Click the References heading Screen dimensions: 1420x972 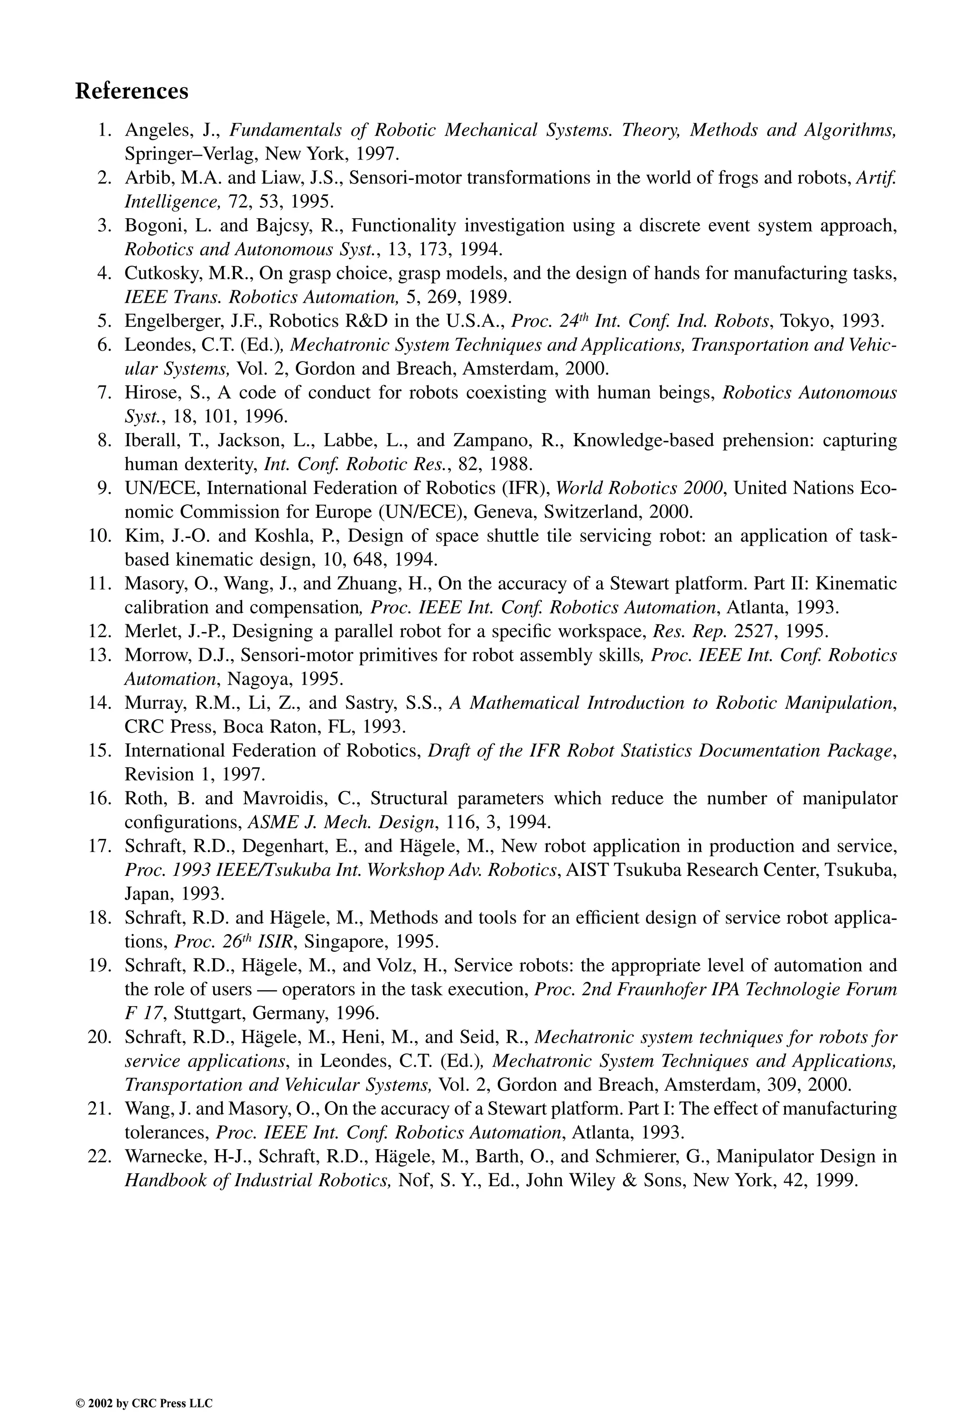[131, 91]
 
